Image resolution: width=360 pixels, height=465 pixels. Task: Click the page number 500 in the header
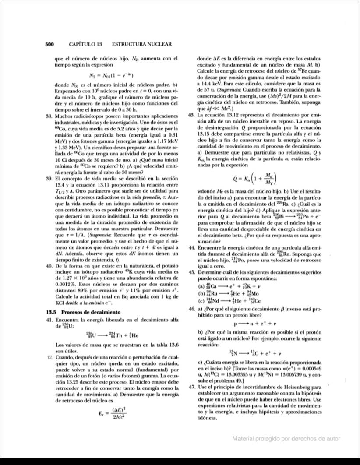pos(49,44)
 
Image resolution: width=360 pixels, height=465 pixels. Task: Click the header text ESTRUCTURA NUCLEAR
pos(141,44)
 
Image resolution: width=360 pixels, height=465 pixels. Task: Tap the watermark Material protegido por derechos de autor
pos(286,439)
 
